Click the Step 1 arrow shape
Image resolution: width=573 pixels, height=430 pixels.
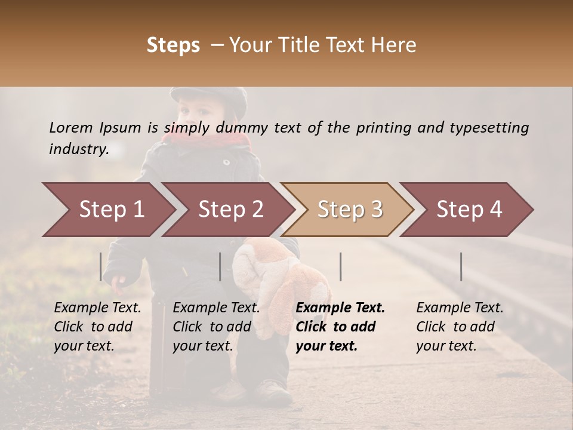(x=110, y=210)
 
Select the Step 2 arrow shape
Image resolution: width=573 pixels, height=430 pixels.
(x=230, y=210)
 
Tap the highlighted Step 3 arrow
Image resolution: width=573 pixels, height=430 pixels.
(x=349, y=210)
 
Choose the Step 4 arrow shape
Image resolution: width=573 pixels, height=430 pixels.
(x=469, y=210)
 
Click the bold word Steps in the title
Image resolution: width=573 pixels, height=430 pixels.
(x=173, y=45)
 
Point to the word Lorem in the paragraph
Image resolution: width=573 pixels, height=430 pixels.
(x=70, y=127)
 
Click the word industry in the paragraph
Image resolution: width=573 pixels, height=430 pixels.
(x=78, y=149)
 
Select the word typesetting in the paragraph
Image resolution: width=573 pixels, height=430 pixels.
(x=489, y=128)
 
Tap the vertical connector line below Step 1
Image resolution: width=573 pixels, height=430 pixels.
(x=101, y=266)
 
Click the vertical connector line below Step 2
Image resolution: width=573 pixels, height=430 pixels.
(x=220, y=266)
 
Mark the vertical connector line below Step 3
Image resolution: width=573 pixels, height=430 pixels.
(x=340, y=266)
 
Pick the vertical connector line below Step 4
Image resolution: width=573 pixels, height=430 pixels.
(x=461, y=266)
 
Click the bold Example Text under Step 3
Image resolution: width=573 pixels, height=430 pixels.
(x=340, y=308)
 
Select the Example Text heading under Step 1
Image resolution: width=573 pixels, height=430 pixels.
(x=97, y=308)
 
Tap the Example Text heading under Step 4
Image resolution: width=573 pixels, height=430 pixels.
(x=460, y=308)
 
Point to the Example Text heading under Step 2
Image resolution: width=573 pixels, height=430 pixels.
(x=216, y=308)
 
